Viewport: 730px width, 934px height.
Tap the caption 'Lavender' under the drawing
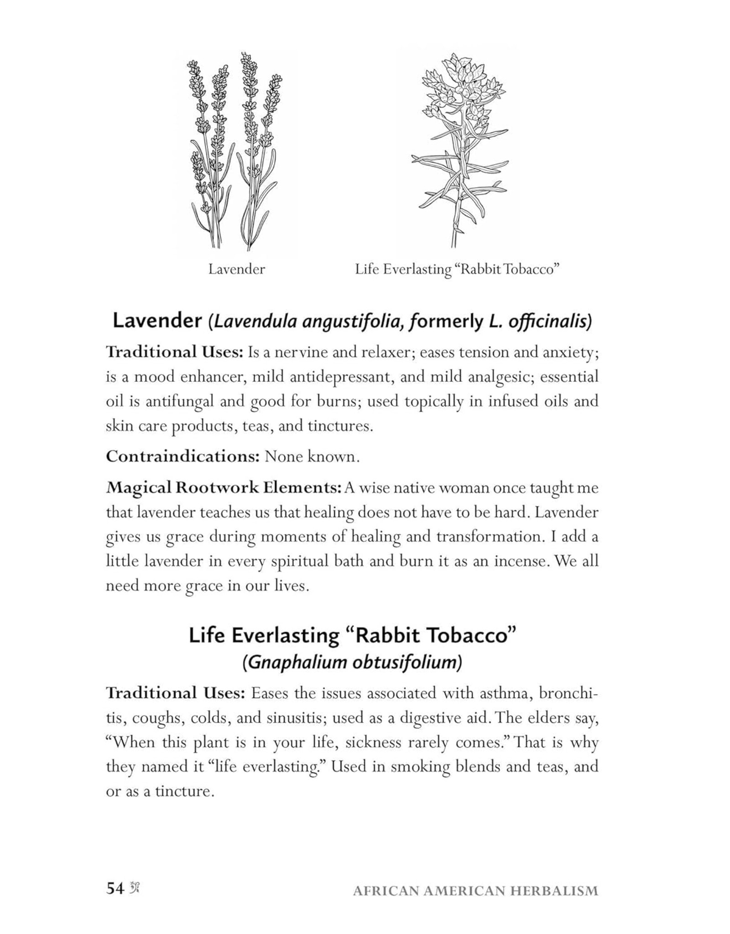coord(236,270)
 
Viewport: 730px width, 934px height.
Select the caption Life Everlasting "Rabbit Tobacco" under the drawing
coord(457,270)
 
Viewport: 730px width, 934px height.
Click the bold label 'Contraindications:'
coord(182,457)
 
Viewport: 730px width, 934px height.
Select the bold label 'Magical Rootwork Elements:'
coord(224,488)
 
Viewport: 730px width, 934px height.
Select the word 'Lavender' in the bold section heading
coord(157,321)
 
